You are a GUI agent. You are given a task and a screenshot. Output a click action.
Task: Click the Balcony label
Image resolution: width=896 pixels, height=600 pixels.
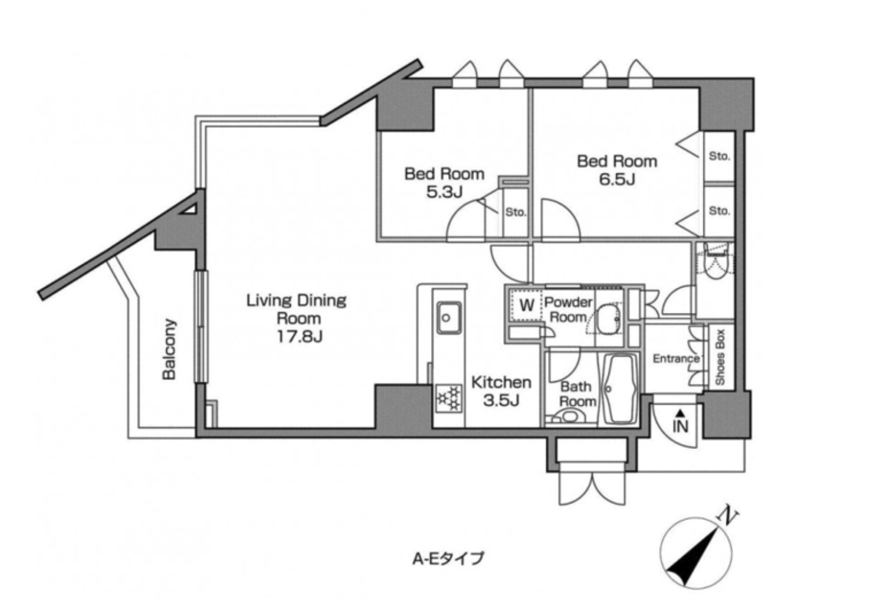click(169, 349)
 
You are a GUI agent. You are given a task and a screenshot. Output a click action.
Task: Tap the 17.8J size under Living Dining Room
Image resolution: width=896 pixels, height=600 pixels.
click(300, 336)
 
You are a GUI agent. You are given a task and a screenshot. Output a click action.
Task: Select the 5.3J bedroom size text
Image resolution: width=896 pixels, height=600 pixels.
click(444, 192)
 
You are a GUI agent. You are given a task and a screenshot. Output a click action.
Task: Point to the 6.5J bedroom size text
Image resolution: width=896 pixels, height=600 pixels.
click(617, 179)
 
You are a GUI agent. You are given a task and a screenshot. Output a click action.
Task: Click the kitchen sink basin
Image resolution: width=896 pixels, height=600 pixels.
click(449, 318)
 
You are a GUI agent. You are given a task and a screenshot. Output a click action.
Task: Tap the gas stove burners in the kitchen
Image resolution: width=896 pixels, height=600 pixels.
click(448, 398)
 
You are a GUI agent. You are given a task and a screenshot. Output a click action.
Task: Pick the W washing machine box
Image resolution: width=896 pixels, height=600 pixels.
click(526, 305)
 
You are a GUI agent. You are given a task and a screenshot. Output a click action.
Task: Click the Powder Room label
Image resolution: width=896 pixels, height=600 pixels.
click(568, 309)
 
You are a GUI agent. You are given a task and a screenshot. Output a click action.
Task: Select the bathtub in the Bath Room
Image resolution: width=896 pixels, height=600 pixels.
click(619, 389)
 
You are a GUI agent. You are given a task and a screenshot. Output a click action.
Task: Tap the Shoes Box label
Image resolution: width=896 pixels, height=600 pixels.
click(720, 358)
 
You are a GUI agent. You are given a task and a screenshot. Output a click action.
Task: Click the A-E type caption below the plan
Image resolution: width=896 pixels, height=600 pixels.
click(448, 558)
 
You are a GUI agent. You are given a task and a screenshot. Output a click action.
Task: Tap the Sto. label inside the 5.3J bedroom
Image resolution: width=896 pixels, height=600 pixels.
click(515, 212)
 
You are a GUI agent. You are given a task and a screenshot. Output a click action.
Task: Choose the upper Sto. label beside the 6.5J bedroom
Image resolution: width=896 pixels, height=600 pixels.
click(719, 156)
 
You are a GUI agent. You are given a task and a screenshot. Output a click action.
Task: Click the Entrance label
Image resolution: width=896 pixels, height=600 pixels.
click(676, 359)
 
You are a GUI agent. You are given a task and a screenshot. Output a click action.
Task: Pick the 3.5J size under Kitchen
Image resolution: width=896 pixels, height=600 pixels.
click(501, 400)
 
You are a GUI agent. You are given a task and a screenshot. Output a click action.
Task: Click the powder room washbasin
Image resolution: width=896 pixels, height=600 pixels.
click(608, 319)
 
